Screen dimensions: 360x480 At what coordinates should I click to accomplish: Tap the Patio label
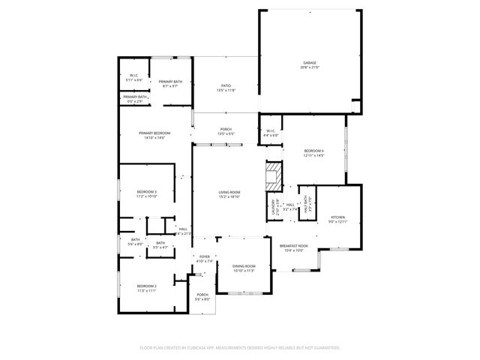click(226, 88)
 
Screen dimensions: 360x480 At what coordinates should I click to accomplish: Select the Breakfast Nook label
click(292, 247)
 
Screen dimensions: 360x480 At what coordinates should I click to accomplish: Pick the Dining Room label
click(244, 268)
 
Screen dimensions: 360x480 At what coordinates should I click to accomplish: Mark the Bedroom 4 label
click(313, 152)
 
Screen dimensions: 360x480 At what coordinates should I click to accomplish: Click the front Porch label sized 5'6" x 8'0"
click(202, 296)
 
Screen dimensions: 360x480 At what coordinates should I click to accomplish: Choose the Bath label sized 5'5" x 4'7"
click(160, 244)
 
